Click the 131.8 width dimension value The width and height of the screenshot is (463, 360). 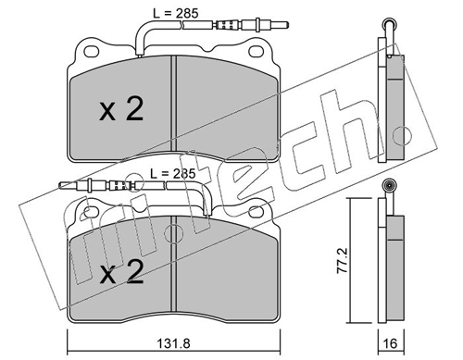[x=173, y=343]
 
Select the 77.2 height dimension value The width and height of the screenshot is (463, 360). [x=343, y=261]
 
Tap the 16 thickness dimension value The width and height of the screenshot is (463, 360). [x=391, y=343]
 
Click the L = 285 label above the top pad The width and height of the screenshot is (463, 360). [x=176, y=13]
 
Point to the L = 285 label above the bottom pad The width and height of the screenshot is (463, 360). [x=173, y=174]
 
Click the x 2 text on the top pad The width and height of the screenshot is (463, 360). [x=121, y=109]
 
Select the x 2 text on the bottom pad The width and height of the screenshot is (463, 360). [x=121, y=271]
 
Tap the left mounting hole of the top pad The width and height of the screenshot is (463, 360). [x=92, y=52]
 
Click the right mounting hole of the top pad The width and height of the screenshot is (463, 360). [x=257, y=52]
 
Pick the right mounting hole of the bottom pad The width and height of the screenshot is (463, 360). [x=257, y=212]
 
